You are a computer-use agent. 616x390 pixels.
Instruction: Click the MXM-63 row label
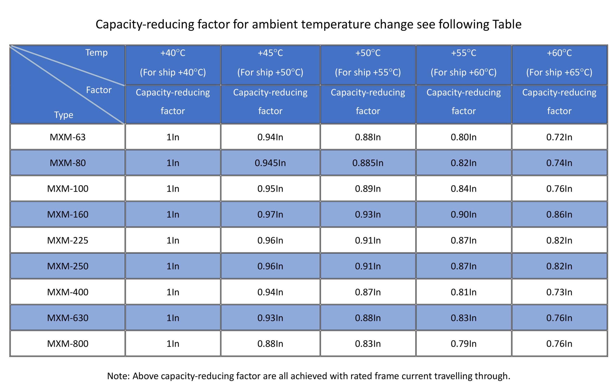(68, 137)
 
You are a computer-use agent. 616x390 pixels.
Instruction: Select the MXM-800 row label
(68, 344)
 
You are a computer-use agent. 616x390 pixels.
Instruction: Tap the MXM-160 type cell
(68, 215)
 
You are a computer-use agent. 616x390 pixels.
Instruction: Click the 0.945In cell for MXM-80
(270, 163)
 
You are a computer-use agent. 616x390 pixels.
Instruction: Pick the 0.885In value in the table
(368, 163)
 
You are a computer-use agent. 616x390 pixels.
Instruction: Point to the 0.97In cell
(270, 215)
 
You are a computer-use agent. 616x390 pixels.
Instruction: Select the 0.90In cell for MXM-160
(463, 215)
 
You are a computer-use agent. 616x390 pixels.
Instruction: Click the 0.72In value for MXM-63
(559, 137)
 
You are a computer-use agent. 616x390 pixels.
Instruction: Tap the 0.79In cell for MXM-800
(463, 344)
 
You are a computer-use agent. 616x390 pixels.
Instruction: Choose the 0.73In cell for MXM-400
(559, 292)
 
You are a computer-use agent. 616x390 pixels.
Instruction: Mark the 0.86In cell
(559, 215)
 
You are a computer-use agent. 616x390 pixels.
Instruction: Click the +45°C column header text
(270, 53)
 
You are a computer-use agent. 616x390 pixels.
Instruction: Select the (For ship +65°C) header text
(559, 72)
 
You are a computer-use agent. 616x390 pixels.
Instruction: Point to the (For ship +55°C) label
(368, 72)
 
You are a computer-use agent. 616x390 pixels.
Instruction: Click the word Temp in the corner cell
(96, 53)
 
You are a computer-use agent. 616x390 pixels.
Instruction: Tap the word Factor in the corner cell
(99, 90)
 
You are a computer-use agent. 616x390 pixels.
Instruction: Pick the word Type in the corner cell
(64, 115)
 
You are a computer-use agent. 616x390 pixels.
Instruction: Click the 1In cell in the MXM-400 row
(173, 292)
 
